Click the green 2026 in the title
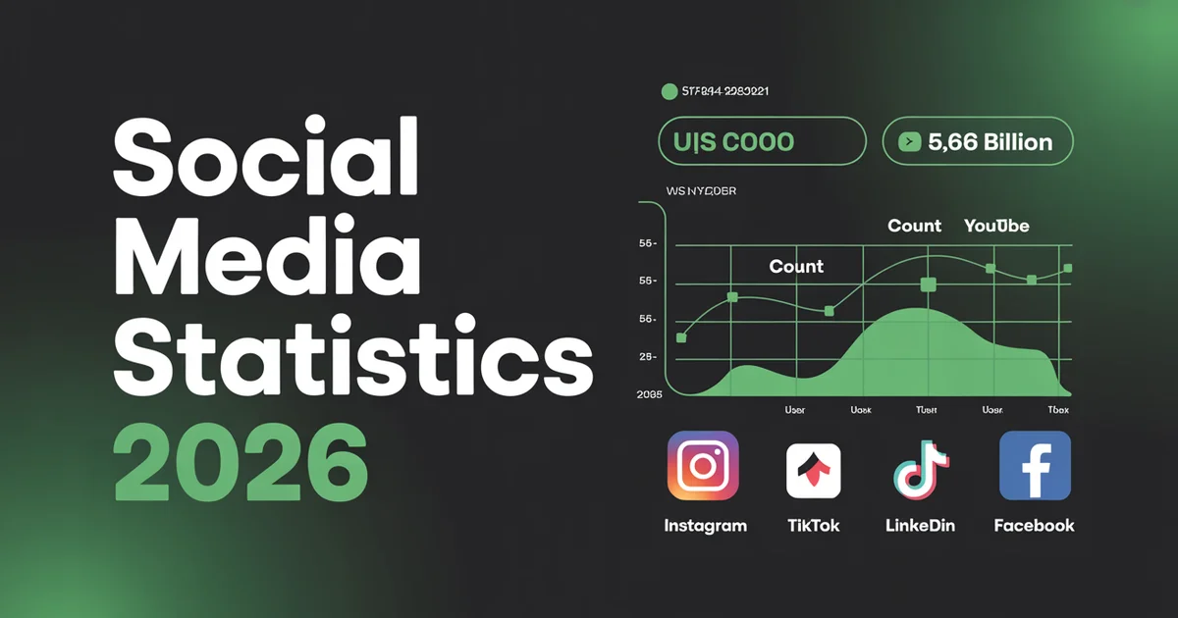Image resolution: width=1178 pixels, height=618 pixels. [241, 460]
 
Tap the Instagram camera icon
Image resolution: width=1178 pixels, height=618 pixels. [703, 466]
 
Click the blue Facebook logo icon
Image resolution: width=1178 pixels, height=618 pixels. [1035, 466]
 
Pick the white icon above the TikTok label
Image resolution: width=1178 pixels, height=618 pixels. [813, 470]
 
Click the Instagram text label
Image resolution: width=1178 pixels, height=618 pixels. [705, 526]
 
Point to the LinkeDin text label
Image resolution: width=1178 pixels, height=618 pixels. [920, 526]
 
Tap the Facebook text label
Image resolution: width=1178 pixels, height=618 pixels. [1034, 526]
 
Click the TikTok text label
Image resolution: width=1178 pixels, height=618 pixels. [813, 526]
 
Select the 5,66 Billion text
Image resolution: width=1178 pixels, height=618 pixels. [990, 142]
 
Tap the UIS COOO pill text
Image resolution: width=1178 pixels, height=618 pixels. [734, 142]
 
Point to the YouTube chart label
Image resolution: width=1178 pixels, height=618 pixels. [996, 226]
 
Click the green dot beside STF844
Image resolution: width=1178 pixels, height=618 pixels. [669, 91]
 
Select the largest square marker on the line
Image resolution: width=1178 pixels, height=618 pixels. [929, 284]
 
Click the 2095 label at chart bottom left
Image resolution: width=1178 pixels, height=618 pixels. [649, 394]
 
